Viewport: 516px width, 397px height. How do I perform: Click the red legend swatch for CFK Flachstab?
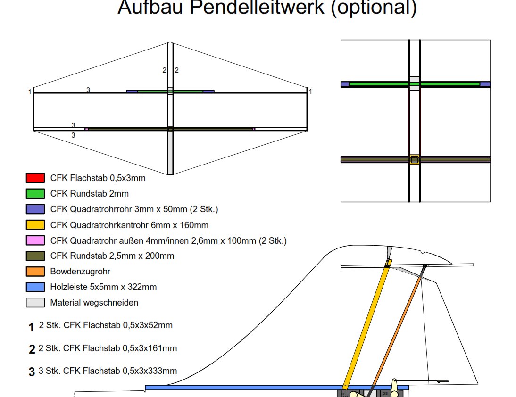[35, 178]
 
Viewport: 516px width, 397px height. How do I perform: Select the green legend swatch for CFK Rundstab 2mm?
[35, 193]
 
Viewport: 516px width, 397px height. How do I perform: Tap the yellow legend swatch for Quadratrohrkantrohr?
[35, 224]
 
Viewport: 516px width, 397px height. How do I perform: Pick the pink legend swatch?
[35, 240]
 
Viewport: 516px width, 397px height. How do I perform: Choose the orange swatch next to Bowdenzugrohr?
[35, 272]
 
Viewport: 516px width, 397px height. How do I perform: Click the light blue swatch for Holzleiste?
[35, 287]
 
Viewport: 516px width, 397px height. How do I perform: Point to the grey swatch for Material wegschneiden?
[35, 303]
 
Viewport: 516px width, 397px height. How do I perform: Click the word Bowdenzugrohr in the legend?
[80, 272]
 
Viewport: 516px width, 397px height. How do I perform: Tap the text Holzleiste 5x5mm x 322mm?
[103, 287]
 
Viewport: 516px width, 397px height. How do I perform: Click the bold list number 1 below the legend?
[31, 327]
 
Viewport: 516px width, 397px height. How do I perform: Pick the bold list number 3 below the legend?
[32, 372]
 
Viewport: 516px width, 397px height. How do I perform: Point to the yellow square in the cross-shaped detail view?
[414, 159]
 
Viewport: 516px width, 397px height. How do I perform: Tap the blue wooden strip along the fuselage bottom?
[277, 388]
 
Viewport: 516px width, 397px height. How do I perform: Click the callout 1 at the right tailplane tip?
[310, 91]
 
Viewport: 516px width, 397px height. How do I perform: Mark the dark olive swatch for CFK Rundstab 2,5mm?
[35, 256]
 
